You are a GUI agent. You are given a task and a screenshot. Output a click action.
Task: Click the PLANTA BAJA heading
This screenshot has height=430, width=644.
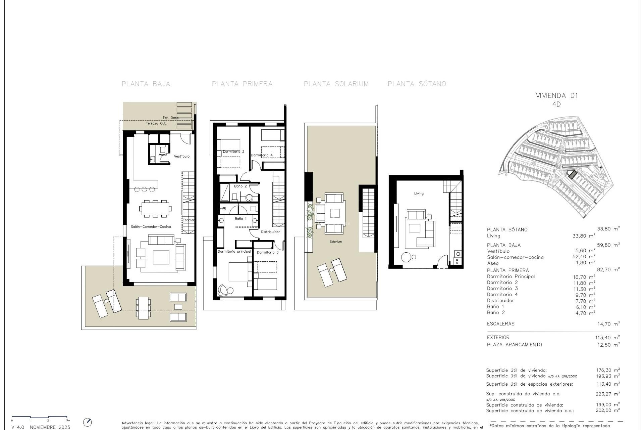[x=146, y=84]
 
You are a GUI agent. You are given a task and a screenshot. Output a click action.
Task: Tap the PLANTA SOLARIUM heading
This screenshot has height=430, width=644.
[x=336, y=84]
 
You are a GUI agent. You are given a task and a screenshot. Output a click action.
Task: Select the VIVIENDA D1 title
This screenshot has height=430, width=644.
[x=557, y=96]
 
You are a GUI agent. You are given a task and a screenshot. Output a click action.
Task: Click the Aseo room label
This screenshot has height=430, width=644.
[x=163, y=155]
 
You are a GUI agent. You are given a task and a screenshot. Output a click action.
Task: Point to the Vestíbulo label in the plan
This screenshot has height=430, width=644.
[x=181, y=156]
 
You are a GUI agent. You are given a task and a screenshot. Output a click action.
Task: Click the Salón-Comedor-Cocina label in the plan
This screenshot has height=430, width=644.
[x=151, y=227]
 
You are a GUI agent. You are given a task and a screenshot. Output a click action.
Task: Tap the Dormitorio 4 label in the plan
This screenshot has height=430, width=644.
[x=262, y=155]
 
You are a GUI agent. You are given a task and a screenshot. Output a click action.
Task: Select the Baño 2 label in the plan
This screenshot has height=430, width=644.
[x=240, y=186]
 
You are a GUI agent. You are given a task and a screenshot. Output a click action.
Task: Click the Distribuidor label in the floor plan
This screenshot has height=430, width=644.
[x=270, y=232]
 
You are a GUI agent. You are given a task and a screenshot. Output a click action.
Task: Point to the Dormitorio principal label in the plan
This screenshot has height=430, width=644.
[x=234, y=252]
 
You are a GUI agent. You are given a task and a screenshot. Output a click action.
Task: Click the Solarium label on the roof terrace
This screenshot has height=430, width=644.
[x=335, y=242]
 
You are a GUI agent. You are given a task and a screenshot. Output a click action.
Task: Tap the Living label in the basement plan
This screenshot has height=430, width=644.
[x=419, y=193]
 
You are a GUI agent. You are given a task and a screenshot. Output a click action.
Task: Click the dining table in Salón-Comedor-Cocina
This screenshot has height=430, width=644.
[x=155, y=209]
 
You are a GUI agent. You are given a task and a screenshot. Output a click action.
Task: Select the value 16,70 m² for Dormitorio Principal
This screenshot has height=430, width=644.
[x=584, y=277]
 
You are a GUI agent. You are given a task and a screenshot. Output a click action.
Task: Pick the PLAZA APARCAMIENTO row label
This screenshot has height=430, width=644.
[x=514, y=345]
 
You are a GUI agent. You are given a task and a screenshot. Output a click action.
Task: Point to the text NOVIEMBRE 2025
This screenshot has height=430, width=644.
[x=50, y=427]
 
